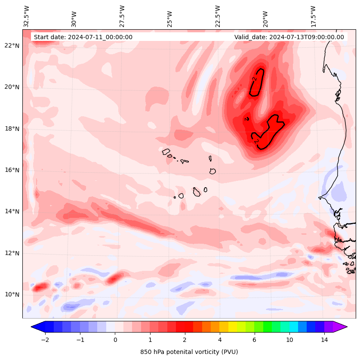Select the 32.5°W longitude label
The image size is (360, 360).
27,16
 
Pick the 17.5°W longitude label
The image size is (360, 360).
314,17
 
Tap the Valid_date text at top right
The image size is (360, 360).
289,37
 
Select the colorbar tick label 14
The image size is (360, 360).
324,340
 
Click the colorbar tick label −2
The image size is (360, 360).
45,340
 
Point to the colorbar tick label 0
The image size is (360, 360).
115,340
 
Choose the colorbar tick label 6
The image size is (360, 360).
254,340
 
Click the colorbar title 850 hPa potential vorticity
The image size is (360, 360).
189,352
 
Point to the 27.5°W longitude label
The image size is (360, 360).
122,17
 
